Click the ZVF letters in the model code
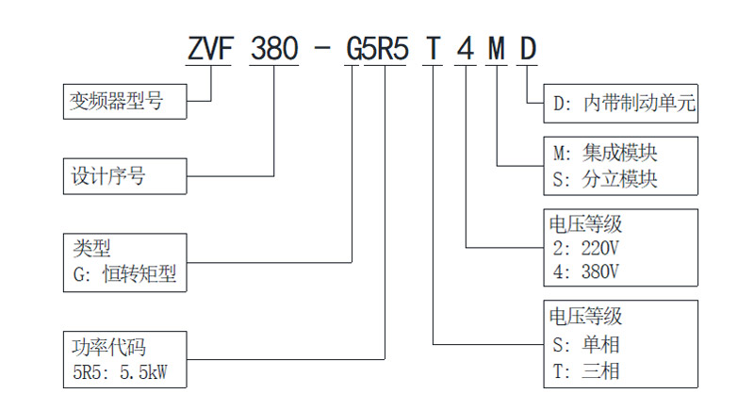pyautogui.click(x=210, y=47)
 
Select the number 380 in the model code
pyautogui.click(x=274, y=47)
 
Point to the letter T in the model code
pyautogui.click(x=432, y=47)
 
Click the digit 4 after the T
pyautogui.click(x=464, y=47)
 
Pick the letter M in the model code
pyautogui.click(x=496, y=47)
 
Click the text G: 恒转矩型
pyautogui.click(x=124, y=274)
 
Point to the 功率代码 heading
pyautogui.click(x=109, y=346)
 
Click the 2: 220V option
pyautogui.click(x=583, y=249)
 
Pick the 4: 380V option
pyautogui.click(x=583, y=273)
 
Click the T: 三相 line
pyautogui.click(x=585, y=369)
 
